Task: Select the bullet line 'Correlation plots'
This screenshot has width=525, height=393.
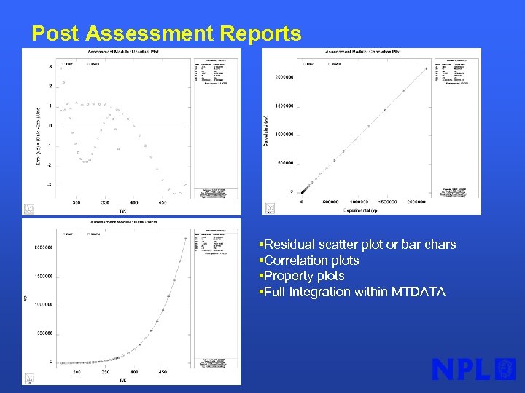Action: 311,261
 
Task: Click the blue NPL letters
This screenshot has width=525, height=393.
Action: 461,370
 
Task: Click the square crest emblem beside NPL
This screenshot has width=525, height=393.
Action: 505,369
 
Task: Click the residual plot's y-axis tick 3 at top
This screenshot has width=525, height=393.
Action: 50,67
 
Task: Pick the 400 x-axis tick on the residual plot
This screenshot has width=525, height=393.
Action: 134,203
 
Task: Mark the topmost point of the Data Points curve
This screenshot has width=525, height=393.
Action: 186,239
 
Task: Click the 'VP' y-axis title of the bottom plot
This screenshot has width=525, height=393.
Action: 26,297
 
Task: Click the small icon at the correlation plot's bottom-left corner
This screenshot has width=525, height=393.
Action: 270,208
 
